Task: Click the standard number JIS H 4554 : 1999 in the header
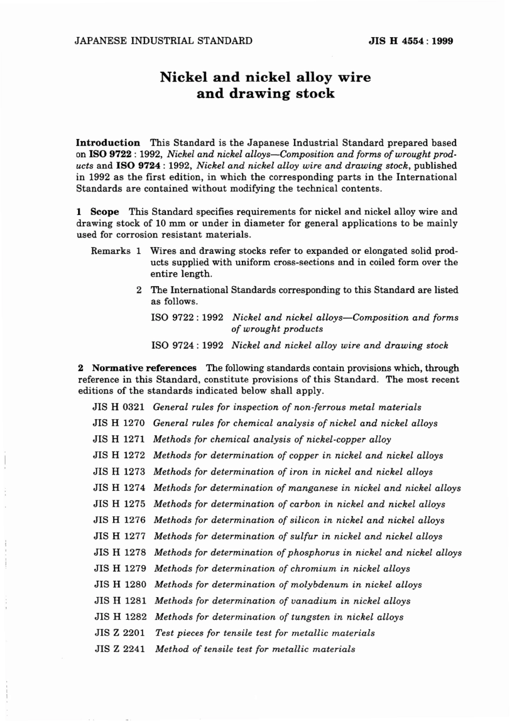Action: coord(411,41)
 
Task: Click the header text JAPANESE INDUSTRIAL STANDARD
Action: coord(163,41)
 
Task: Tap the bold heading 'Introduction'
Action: coord(108,143)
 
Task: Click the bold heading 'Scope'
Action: coord(105,212)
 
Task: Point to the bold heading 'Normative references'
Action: coord(144,368)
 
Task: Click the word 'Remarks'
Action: coord(111,251)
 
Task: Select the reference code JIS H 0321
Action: coord(119,407)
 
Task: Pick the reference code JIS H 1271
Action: coord(119,439)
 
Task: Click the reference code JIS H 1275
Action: coord(119,504)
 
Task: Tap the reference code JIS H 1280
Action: coord(120,585)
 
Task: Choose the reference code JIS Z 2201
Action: coord(120,633)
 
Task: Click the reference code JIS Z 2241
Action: coord(120,649)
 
